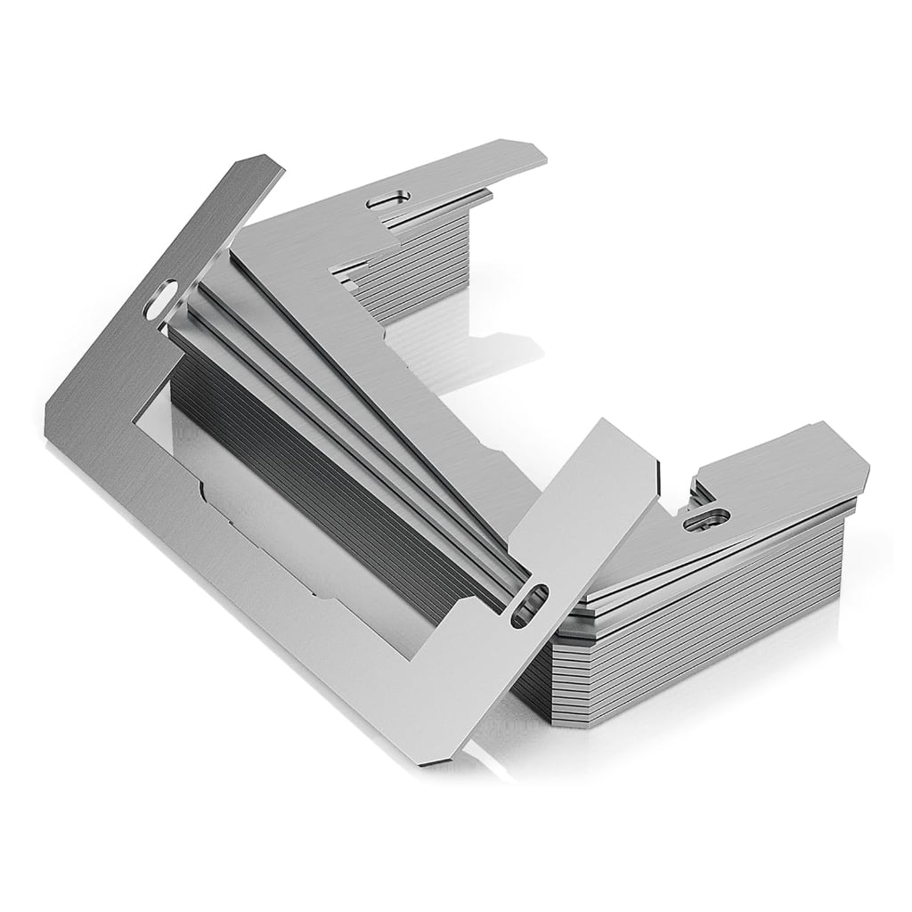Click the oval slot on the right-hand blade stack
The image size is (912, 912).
706,517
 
